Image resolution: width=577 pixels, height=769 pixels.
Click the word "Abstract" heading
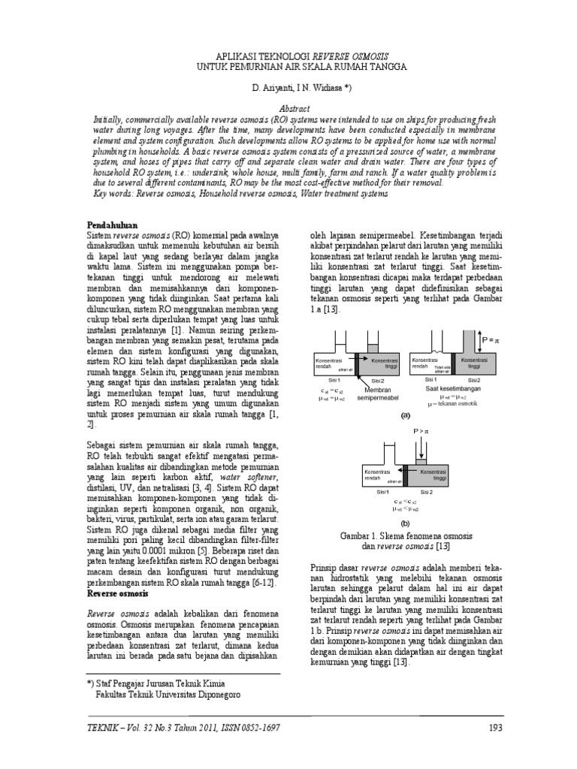coord(288,108)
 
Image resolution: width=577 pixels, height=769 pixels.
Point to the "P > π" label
coord(419,433)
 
